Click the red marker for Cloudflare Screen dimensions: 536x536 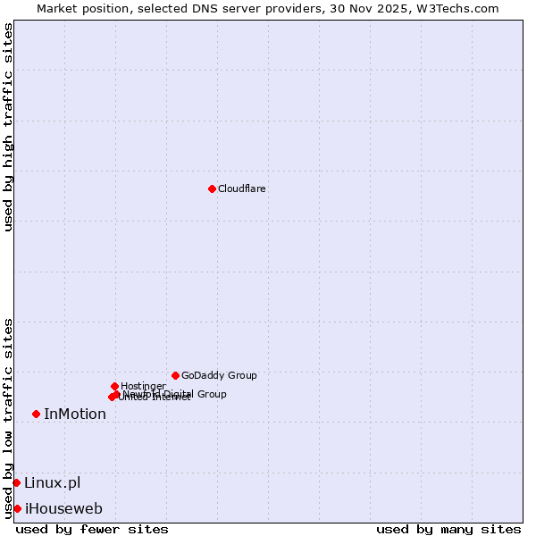[x=212, y=188]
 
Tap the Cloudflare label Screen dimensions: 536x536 [x=242, y=188]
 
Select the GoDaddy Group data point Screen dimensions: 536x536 [x=175, y=375]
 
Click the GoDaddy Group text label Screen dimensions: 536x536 [x=219, y=375]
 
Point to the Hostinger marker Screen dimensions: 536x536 [x=114, y=386]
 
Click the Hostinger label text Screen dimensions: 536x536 [x=143, y=386]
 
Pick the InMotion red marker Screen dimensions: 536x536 [x=36, y=414]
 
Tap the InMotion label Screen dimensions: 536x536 [x=75, y=414]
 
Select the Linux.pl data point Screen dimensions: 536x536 [x=16, y=482]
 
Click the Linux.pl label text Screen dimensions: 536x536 [x=52, y=482]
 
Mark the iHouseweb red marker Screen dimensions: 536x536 [x=17, y=508]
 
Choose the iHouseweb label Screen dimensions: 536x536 [x=63, y=508]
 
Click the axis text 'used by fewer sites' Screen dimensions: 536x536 [x=92, y=529]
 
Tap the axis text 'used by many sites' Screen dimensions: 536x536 [x=448, y=529]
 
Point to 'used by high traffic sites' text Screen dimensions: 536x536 [x=8, y=127]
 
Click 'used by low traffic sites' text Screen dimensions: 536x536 [x=8, y=417]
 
